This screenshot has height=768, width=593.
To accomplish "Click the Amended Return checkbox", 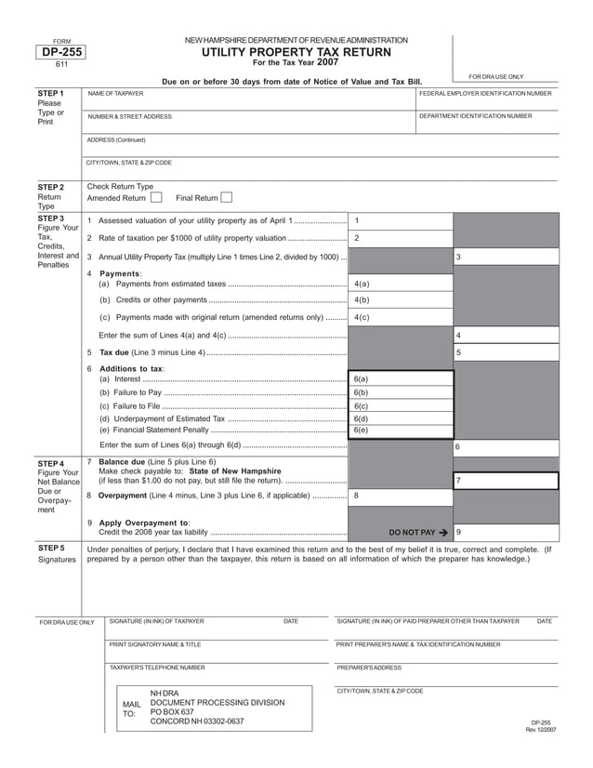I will click(x=156, y=197).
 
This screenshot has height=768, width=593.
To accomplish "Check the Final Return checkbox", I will click(x=226, y=197).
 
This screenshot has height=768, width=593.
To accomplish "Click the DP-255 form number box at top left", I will click(x=62, y=54).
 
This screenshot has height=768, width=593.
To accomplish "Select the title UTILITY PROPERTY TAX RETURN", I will click(x=296, y=53).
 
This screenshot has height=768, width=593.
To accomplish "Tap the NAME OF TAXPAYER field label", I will click(x=115, y=95).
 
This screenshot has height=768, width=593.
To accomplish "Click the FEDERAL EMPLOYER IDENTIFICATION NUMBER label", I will click(x=485, y=95).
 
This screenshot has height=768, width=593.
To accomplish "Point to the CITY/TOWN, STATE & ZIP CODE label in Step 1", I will click(x=129, y=163).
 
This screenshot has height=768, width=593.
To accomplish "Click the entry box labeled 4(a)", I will click(x=401, y=284).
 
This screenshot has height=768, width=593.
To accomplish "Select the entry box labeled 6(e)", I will click(x=401, y=430).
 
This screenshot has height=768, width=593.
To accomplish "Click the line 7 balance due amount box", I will click(x=506, y=481).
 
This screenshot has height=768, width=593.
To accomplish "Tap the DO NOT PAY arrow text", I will click(x=418, y=533).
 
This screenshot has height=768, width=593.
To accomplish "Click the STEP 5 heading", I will click(x=50, y=549).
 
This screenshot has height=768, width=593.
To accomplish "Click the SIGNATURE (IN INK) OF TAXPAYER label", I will click(x=156, y=620).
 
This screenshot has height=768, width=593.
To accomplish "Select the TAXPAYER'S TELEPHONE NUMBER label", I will click(x=157, y=668).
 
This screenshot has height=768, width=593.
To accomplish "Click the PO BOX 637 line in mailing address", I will click(x=172, y=712).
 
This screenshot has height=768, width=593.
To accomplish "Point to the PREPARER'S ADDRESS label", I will click(x=369, y=668).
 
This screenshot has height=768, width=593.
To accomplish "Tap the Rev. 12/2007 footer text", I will click(x=541, y=730).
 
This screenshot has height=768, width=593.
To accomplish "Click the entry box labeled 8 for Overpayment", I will click(x=401, y=496).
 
